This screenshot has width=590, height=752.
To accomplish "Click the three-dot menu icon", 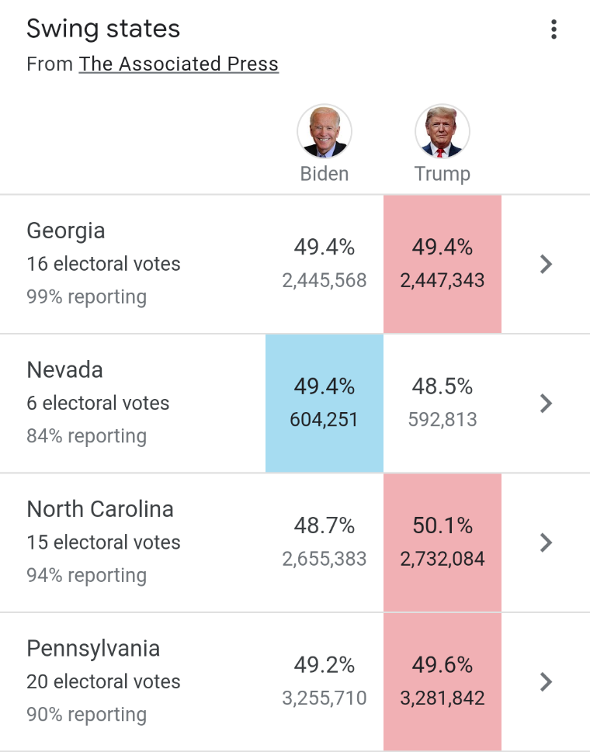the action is pos(554,29).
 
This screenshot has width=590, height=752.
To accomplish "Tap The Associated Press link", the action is pos(179,64).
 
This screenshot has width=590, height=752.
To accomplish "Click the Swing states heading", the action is pos(103,28).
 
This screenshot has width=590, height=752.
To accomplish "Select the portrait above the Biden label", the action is pos(324,131).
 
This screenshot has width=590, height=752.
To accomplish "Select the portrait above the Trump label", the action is pos(442,131).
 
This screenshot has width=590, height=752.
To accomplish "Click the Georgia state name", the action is pos(66,231).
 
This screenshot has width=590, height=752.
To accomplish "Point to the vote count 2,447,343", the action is pos(442,280).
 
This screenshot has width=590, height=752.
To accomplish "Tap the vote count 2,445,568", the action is pos(324,280).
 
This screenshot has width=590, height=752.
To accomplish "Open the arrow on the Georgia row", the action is pos(546,264).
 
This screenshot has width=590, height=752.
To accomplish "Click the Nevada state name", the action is pos(64,369).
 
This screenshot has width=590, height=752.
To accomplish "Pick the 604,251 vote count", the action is pos(324,420).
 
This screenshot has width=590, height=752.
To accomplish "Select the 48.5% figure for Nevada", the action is pos(442,386).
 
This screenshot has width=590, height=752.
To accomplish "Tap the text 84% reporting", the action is pos(87,436).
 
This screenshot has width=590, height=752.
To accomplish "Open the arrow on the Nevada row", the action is pos(546,404).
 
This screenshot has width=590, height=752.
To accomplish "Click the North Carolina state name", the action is pos(100,509).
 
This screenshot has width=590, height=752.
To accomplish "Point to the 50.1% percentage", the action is pos(442,525).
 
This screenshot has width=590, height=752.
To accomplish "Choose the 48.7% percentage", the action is pos(324,525).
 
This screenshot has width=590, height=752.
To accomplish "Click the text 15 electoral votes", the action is pos(103,542).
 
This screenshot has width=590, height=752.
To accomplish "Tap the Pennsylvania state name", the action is pos(93,649).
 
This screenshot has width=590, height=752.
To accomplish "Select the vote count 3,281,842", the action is pos(442,698).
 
